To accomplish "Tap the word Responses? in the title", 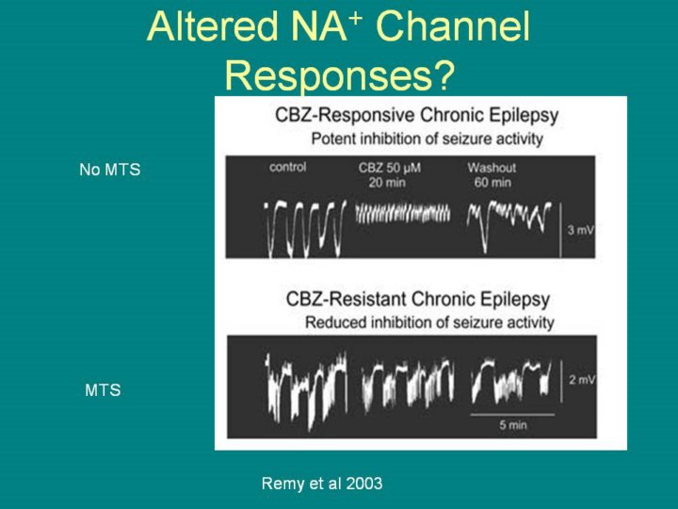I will point(339,75).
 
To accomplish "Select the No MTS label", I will point(109,171).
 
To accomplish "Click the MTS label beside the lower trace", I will point(103,389).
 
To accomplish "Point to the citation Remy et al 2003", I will point(322,484).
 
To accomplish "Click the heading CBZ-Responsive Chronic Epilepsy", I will point(416,116).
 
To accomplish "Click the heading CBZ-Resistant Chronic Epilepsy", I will point(418,301).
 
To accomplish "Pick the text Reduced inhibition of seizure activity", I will point(428,322).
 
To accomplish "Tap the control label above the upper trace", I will point(288,168).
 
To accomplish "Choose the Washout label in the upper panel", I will point(488,168).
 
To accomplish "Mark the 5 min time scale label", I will point(513,425).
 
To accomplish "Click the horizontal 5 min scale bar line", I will point(512,413).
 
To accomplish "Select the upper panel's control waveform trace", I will point(303,227).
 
